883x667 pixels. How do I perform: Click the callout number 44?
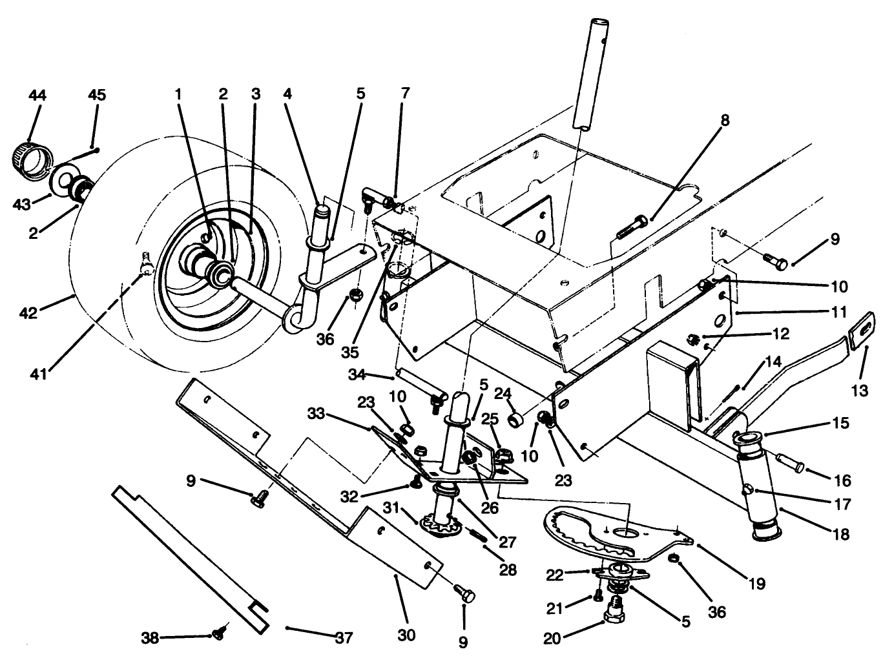point(37,95)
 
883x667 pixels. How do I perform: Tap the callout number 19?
point(758,584)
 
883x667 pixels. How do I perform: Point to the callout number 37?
point(344,638)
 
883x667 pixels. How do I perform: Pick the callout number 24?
point(504,393)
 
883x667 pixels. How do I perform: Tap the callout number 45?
point(97,95)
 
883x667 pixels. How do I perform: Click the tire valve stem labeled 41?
point(146,261)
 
